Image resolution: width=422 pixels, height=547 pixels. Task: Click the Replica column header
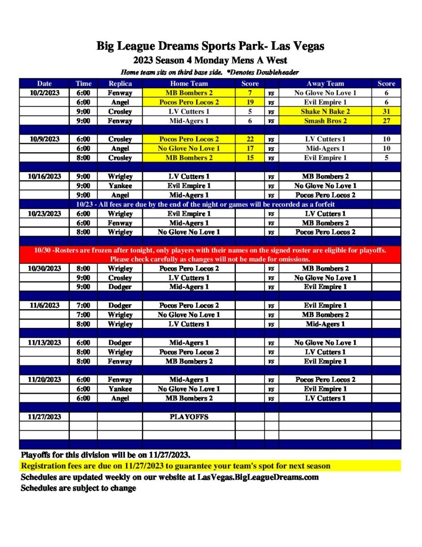pos(120,83)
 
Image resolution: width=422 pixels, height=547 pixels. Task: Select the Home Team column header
pos(189,83)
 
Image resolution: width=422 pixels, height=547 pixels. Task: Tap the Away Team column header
pos(325,83)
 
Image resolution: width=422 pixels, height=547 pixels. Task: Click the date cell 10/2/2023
pos(44,93)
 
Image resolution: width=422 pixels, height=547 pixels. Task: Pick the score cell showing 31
pos(386,112)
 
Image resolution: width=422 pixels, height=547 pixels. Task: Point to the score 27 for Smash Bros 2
pos(386,121)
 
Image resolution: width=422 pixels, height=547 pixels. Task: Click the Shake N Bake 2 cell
pos(325,112)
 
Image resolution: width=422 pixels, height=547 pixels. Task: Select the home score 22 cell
pos(250,139)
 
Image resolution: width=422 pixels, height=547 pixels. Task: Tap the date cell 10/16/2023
pos(44,176)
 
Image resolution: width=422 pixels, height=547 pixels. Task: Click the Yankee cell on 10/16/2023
pos(120,186)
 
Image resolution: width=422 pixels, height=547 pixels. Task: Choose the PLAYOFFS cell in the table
pos(189,417)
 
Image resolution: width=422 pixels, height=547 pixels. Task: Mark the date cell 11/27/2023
pos(44,417)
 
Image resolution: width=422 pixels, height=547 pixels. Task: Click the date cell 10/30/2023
pos(44,268)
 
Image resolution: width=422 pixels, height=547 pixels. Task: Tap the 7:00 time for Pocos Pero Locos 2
pos(83,306)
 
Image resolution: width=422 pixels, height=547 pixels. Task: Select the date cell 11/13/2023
pos(44,342)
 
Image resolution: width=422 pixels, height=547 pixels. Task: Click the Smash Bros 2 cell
pos(325,121)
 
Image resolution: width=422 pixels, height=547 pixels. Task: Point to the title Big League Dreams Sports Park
pos(210,46)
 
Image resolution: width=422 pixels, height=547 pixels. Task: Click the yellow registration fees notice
pos(176,466)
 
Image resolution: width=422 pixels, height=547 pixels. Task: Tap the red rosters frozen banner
pos(210,255)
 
